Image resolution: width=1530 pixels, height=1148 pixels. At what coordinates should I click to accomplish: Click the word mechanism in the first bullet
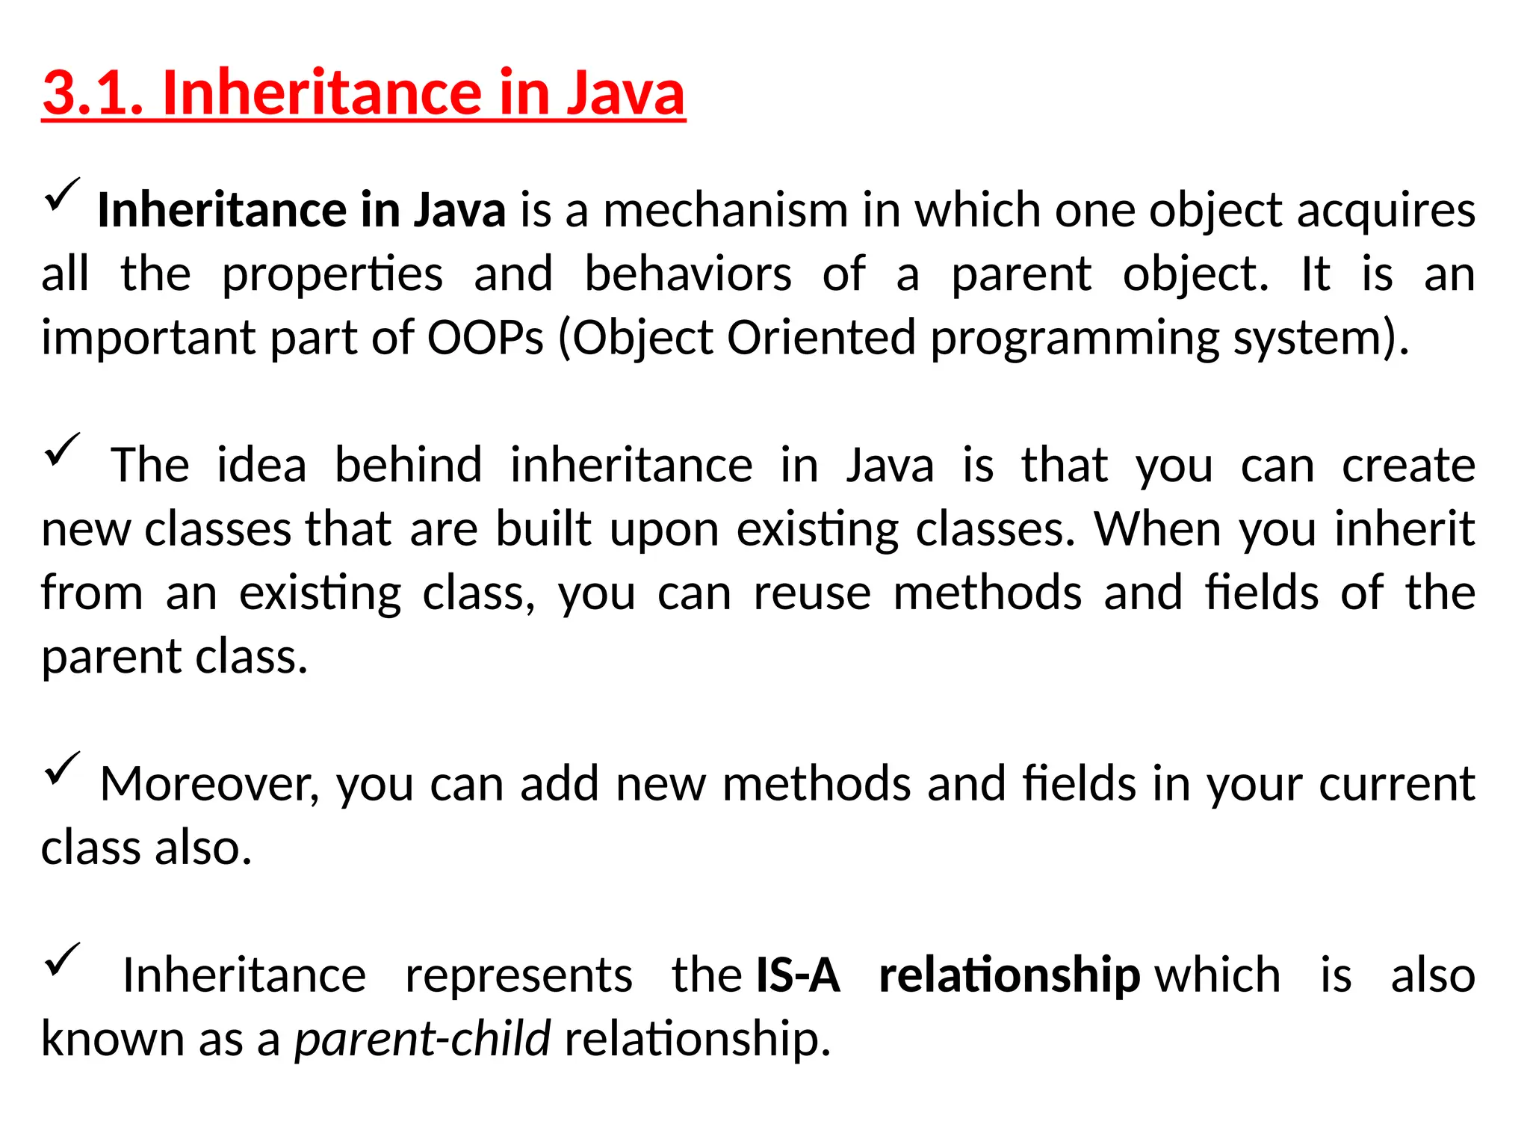(x=725, y=210)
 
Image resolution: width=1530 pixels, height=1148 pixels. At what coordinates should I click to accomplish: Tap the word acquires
(x=1386, y=212)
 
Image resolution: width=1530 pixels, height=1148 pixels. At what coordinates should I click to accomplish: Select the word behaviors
(x=687, y=274)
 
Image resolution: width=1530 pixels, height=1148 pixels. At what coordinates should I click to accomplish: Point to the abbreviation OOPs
(x=485, y=338)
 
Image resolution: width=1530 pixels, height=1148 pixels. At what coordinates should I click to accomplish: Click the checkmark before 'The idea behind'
(x=62, y=449)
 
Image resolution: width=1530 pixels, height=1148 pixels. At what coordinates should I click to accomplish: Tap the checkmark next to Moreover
(x=62, y=768)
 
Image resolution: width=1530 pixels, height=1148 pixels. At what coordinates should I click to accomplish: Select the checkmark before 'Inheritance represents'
(x=62, y=960)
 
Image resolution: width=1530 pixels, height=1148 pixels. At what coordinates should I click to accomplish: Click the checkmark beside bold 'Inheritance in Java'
(x=62, y=194)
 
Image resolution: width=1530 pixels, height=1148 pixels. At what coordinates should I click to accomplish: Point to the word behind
(x=408, y=465)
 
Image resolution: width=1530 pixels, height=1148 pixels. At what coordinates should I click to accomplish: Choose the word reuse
(x=812, y=593)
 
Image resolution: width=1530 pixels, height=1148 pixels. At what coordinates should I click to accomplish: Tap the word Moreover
(x=210, y=784)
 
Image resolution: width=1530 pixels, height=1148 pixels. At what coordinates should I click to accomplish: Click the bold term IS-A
(x=798, y=975)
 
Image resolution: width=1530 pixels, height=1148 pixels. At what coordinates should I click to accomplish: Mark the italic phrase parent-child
(x=422, y=1039)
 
